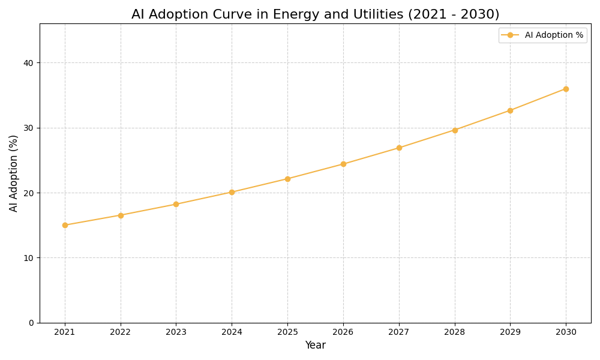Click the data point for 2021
click(65, 225)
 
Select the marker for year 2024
click(232, 192)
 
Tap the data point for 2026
click(343, 164)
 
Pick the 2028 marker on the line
click(455, 130)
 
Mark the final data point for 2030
click(566, 89)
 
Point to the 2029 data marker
click(510, 110)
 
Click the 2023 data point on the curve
click(176, 204)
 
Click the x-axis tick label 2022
click(121, 332)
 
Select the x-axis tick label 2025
click(287, 332)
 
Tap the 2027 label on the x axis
click(399, 332)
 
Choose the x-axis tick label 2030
click(566, 332)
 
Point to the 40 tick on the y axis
click(28, 63)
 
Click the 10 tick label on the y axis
click(28, 258)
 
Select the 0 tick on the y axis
click(31, 323)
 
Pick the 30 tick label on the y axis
click(28, 128)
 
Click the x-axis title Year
click(315, 346)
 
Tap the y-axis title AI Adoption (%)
click(14, 173)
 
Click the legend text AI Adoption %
click(554, 35)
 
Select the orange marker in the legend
click(510, 35)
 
